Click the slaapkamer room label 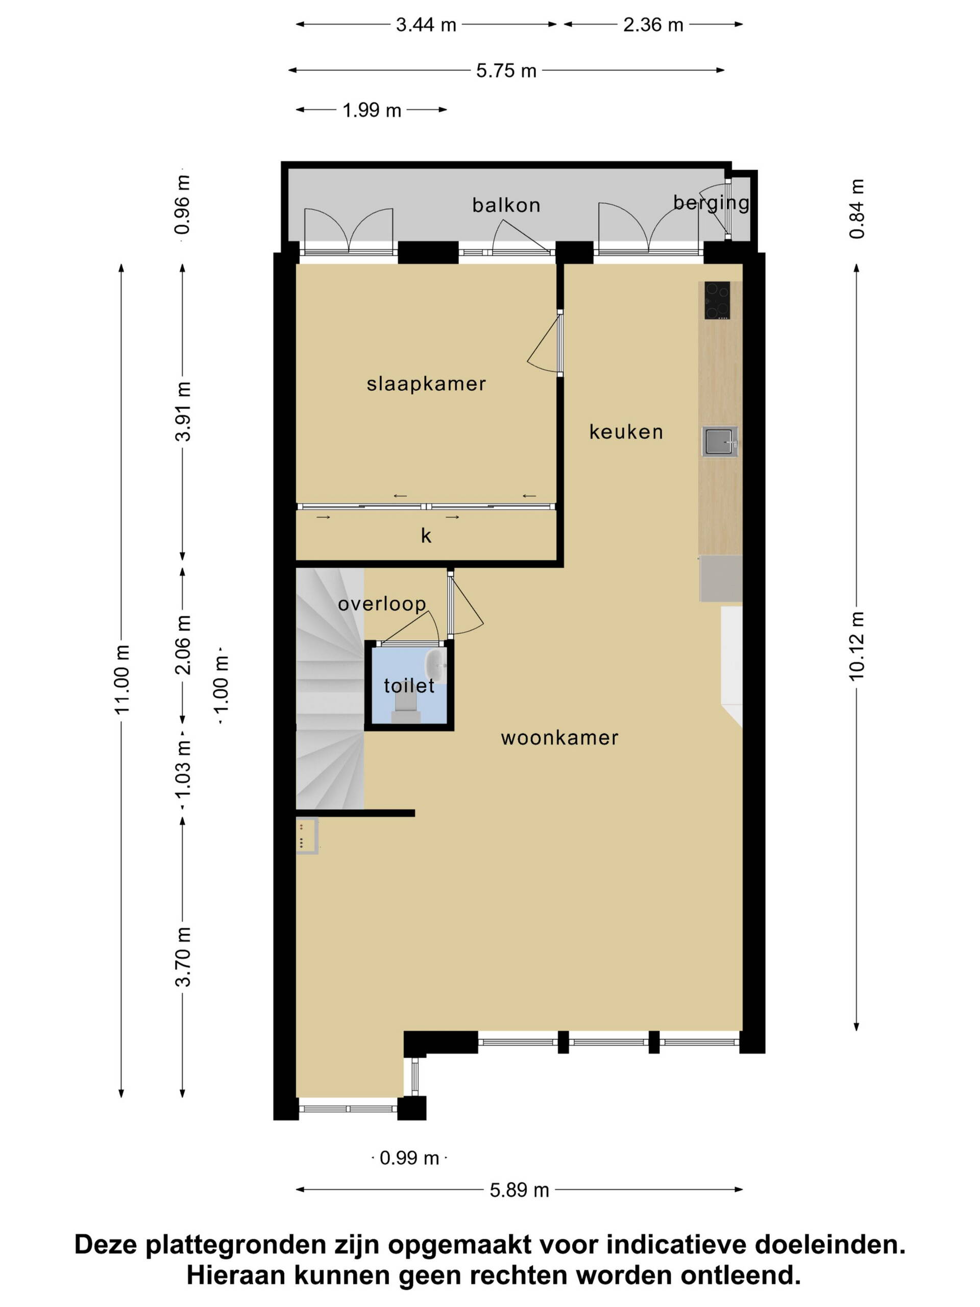pos(426,384)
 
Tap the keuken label pos(626,432)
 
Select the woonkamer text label pos(559,737)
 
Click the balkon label pos(506,205)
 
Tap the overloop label pos(382,604)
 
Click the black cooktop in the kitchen pos(717,300)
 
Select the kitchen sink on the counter pos(720,442)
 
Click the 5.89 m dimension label pos(519,1190)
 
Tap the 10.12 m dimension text pos(856,646)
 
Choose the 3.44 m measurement pos(426,25)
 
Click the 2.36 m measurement pos(653,25)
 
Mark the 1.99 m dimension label pos(372,110)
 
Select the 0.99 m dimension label pos(409,1158)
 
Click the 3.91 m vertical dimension pos(183,412)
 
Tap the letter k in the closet pos(426,536)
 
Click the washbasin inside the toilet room pos(436,666)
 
